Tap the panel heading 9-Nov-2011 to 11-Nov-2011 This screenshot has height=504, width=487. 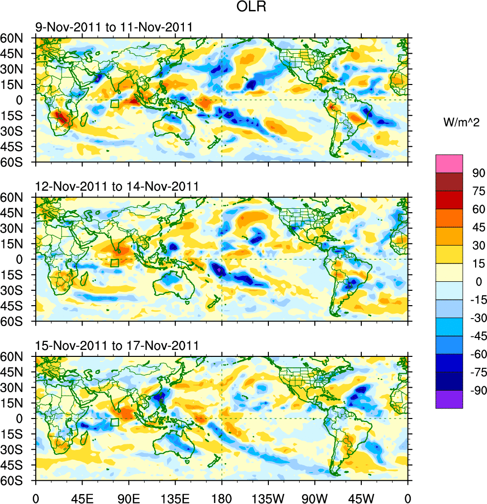point(113,27)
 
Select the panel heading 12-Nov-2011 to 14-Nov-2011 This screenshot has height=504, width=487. point(117,186)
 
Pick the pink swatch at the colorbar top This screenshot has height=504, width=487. point(449,164)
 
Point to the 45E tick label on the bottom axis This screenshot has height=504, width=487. point(82,497)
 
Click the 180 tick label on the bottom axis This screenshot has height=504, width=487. point(222,497)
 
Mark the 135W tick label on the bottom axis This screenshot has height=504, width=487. point(268,497)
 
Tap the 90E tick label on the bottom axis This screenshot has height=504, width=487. point(129,497)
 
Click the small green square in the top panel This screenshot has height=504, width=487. point(115,104)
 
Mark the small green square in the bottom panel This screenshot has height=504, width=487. point(115,422)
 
